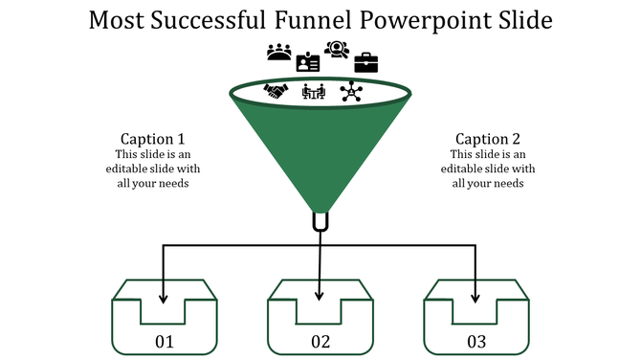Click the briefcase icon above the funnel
(366, 63)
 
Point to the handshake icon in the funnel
(276, 92)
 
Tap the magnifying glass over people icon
(337, 50)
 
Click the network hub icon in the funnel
(352, 92)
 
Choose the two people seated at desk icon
(314, 92)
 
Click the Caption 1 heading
(152, 139)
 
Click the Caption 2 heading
(488, 139)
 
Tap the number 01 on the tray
(165, 342)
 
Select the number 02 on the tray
(320, 342)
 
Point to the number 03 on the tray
(476, 342)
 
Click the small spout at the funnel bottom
(320, 221)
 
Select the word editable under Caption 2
(462, 169)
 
